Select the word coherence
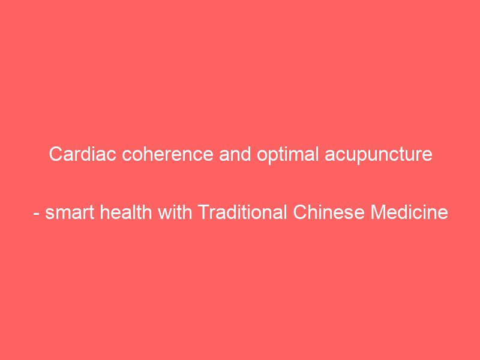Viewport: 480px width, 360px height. tap(167, 154)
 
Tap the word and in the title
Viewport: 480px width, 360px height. tap(235, 154)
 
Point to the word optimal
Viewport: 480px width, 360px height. tap(287, 155)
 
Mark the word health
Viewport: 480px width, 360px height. tap(126, 212)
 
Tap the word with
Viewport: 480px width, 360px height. tap(175, 212)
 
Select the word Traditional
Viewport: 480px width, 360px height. tap(242, 212)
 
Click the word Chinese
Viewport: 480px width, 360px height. tap(329, 212)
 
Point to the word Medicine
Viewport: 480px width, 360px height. tap(409, 212)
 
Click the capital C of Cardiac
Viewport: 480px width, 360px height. tap(56, 154)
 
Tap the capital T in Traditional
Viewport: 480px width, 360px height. tap(204, 212)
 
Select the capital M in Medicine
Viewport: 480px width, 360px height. tap(379, 212)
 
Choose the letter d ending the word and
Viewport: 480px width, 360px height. tap(246, 154)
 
